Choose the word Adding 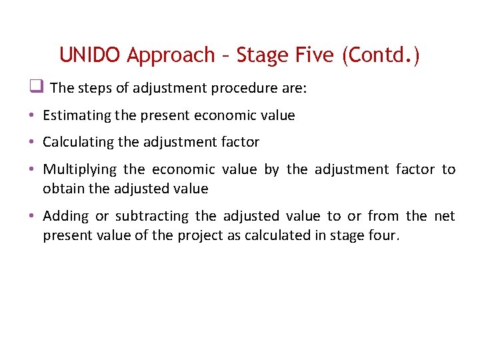[65, 216]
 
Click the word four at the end [384, 235]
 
